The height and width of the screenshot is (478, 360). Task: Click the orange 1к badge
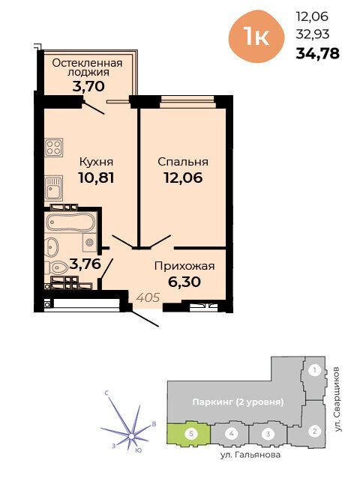pos(256,37)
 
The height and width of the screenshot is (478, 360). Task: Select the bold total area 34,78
pos(317,54)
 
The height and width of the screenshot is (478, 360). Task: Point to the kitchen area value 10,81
pos(96,178)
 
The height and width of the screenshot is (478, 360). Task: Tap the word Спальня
pos(183,162)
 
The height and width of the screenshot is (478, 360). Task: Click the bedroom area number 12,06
pos(183,178)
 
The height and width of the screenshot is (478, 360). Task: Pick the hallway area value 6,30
pos(184,282)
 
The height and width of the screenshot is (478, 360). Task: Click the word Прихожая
pos(184,266)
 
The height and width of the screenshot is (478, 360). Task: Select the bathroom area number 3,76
pos(85,264)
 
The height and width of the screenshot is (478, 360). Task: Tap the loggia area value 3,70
pos(88,86)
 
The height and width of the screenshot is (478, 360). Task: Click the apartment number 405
pos(148,297)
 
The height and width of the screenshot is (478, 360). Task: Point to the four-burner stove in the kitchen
pos(54,148)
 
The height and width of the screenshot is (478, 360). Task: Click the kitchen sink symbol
pos(54,188)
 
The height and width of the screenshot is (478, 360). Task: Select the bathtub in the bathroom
pos(70,222)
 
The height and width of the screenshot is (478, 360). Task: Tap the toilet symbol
pos(57,268)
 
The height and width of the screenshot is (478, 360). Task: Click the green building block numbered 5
pos(188,434)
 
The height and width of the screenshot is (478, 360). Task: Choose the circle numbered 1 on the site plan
pos(314,370)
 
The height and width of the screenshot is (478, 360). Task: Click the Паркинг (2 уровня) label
pos(238,402)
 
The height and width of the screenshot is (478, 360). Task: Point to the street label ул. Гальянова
pos(250,455)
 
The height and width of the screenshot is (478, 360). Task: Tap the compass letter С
pos(106,393)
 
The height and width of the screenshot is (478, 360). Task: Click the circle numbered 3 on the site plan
pos(268,434)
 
